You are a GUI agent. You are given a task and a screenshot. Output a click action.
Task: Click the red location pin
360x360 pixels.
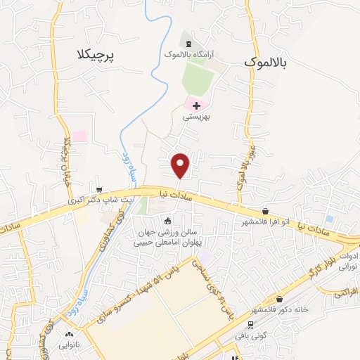[x=181, y=165]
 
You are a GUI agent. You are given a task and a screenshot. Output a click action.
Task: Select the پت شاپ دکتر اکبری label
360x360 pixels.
[x=100, y=200]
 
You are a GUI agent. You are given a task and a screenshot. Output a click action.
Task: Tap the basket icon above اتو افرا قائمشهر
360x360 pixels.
[x=265, y=211]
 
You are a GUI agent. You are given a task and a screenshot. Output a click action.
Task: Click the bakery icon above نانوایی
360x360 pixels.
[x=69, y=334]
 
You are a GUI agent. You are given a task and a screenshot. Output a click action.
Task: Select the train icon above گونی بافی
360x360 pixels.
[x=250, y=324]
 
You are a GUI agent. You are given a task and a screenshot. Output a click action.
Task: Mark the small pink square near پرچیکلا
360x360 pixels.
[x=79, y=135]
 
